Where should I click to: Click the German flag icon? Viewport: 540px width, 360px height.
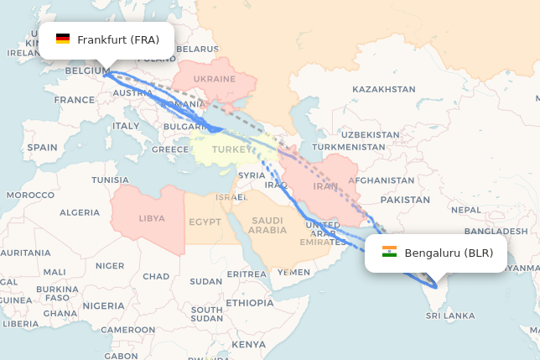[x=63, y=39]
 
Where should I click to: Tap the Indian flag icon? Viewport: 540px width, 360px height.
[x=389, y=253]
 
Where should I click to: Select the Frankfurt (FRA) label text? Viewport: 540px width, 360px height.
[x=118, y=39]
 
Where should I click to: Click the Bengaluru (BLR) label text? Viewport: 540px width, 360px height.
[x=449, y=253]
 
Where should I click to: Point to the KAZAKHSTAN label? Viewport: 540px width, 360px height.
[x=383, y=89]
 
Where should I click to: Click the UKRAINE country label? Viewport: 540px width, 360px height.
[x=215, y=79]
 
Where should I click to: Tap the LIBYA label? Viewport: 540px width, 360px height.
[x=152, y=218]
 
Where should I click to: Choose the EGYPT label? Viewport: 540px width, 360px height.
[x=205, y=222]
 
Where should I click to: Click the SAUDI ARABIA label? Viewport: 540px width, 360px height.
[x=267, y=224]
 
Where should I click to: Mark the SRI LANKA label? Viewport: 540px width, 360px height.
[x=450, y=316]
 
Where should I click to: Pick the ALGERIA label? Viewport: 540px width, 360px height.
[x=79, y=212]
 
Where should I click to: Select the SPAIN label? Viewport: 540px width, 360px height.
[x=42, y=147]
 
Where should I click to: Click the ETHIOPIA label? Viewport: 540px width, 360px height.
[x=249, y=302]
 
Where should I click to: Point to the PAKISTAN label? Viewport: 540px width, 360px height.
[x=405, y=200]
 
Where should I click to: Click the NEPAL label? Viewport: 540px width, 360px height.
[x=465, y=210]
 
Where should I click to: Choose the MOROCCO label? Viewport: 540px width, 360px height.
[x=30, y=195]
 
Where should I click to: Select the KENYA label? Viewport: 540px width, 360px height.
[x=248, y=344]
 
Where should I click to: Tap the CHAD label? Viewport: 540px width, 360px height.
[x=156, y=276]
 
